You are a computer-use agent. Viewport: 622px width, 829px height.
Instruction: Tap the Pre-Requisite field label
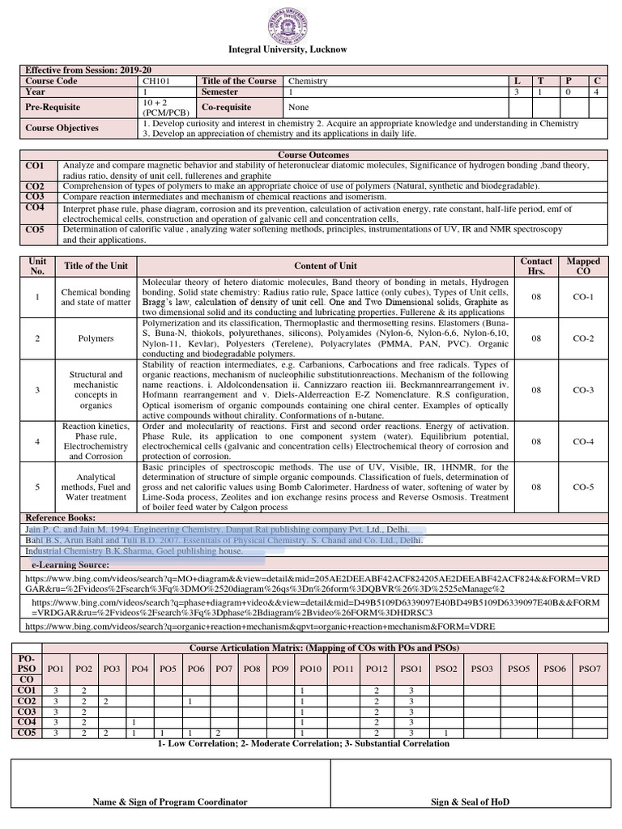pos(53,107)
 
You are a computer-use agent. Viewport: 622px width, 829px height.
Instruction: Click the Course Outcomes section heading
pos(313,154)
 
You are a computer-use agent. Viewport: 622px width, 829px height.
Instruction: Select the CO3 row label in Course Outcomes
pos(35,197)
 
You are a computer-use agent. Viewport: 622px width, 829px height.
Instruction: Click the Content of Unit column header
pos(326,266)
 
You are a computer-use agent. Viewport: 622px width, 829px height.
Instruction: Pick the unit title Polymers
pos(96,338)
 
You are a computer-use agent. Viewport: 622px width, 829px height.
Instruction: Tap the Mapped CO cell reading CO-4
pos(583,441)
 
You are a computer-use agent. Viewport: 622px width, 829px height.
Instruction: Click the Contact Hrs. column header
pos(535,266)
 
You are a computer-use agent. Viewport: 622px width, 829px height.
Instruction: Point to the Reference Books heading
pos(61,517)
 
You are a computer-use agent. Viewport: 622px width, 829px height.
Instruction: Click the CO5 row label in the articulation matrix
pos(27,733)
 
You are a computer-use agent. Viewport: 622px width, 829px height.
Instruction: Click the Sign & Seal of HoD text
pos(470,801)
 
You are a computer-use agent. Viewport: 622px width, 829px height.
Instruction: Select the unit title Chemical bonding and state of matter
pos(96,297)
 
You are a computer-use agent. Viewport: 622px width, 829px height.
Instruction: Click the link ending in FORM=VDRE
pos(259,627)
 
